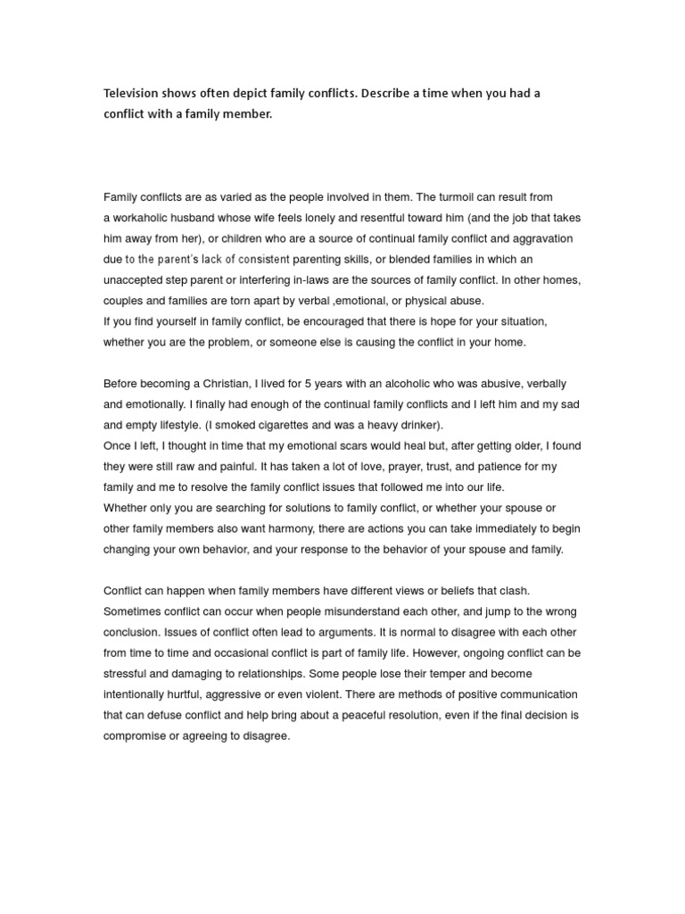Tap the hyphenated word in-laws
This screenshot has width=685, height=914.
click(305, 280)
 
